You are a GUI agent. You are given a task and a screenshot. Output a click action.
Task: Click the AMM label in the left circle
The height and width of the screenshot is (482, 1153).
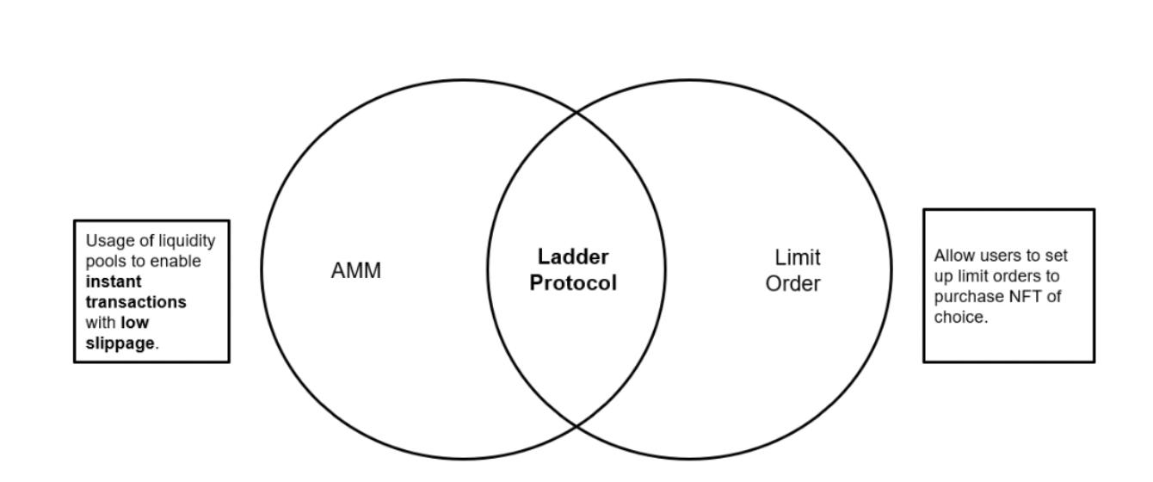355,271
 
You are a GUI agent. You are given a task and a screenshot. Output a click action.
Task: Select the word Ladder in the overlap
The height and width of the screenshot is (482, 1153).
573,256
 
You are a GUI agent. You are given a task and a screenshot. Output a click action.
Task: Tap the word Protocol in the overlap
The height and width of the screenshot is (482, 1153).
573,283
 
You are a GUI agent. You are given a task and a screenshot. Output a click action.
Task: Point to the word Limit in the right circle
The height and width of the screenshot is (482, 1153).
798,257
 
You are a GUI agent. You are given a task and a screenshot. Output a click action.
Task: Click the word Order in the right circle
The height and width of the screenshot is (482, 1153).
792,283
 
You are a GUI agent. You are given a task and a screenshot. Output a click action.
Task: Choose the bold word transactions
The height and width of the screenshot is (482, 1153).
136,302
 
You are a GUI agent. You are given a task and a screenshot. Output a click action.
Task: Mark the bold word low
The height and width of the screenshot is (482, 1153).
134,323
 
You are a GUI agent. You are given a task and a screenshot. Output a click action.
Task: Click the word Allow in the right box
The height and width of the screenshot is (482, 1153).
953,256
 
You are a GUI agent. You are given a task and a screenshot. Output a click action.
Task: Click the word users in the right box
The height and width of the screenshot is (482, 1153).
998,256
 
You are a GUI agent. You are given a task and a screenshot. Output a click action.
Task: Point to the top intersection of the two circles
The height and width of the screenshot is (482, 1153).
576,110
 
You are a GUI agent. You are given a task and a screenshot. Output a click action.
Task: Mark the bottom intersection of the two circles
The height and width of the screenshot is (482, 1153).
576,427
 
